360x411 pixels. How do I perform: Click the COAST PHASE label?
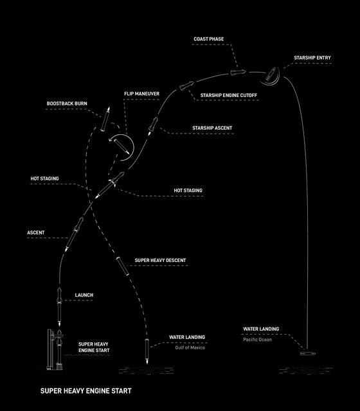[x=208, y=39]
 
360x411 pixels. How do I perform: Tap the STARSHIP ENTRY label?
[x=312, y=58]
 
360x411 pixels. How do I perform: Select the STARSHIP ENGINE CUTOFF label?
[x=229, y=96]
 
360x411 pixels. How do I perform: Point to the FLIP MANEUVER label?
[x=141, y=94]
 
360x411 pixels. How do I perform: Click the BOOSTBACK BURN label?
[x=67, y=103]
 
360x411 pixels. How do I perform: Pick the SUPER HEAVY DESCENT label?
[x=160, y=260]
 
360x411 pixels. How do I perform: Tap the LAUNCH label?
[x=84, y=295]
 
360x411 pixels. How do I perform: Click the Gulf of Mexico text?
[x=190, y=348]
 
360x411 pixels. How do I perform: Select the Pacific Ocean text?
[x=257, y=340]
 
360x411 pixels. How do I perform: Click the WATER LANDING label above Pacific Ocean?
[x=261, y=329]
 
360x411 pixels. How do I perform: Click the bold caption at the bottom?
[x=85, y=391]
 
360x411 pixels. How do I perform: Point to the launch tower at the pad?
[x=50, y=349]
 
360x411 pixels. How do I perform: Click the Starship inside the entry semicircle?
[x=271, y=74]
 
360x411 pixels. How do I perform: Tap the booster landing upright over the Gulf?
[x=147, y=351]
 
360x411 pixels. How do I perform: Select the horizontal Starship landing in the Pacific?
[x=308, y=354]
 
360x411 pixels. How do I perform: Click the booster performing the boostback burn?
[x=105, y=119]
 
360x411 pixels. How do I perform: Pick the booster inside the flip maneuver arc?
[x=121, y=146]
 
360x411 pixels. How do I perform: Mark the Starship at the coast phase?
[x=239, y=72]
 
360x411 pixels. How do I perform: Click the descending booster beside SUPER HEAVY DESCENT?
[x=122, y=266]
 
